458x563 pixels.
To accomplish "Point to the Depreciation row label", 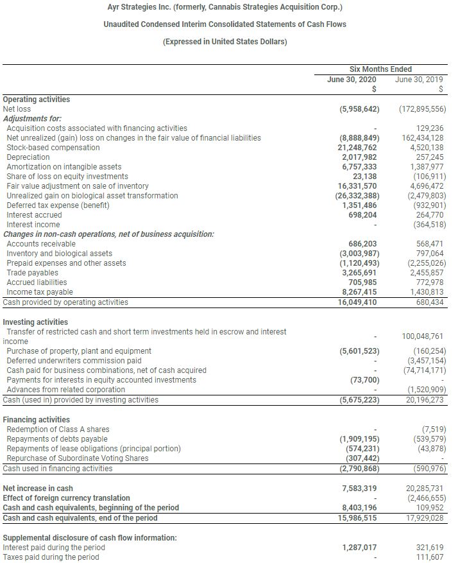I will [x=28, y=157].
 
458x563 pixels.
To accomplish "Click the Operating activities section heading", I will [x=37, y=100].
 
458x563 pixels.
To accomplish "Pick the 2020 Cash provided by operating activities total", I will [x=357, y=302].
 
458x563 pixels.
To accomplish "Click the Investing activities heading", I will [x=35, y=322].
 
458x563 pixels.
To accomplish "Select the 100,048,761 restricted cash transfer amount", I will [x=422, y=336].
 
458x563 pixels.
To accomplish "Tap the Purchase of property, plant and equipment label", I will [x=79, y=351].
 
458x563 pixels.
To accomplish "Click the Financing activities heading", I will [x=37, y=420].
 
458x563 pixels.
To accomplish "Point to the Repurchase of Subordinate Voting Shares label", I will [x=77, y=458].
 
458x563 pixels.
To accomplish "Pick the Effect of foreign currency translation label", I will [x=66, y=498].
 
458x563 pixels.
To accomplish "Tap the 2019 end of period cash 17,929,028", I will [x=421, y=517].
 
